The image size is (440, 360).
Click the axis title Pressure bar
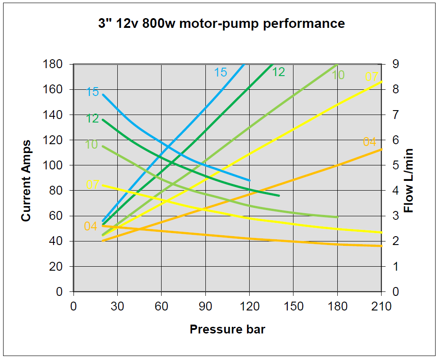click(x=228, y=329)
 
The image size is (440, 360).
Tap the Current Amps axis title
click(x=26, y=180)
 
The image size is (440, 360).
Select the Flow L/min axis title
click(x=409, y=180)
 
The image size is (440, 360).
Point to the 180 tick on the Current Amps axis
click(x=53, y=64)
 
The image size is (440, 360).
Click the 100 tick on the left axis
click(x=53, y=165)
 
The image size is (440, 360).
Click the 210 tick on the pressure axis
click(x=382, y=306)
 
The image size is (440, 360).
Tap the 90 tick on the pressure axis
click(x=205, y=306)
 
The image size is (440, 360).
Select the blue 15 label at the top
click(x=220, y=72)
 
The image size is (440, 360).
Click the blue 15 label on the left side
click(x=93, y=92)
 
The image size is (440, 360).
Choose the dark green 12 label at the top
click(x=278, y=72)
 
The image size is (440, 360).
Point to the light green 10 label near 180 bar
click(x=338, y=75)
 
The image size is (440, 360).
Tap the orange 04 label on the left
click(x=90, y=226)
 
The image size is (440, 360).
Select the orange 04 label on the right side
click(x=369, y=142)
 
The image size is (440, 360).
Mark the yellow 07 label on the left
click(x=92, y=184)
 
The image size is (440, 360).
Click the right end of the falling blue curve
click(x=250, y=180)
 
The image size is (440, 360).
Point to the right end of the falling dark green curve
click(x=279, y=195)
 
